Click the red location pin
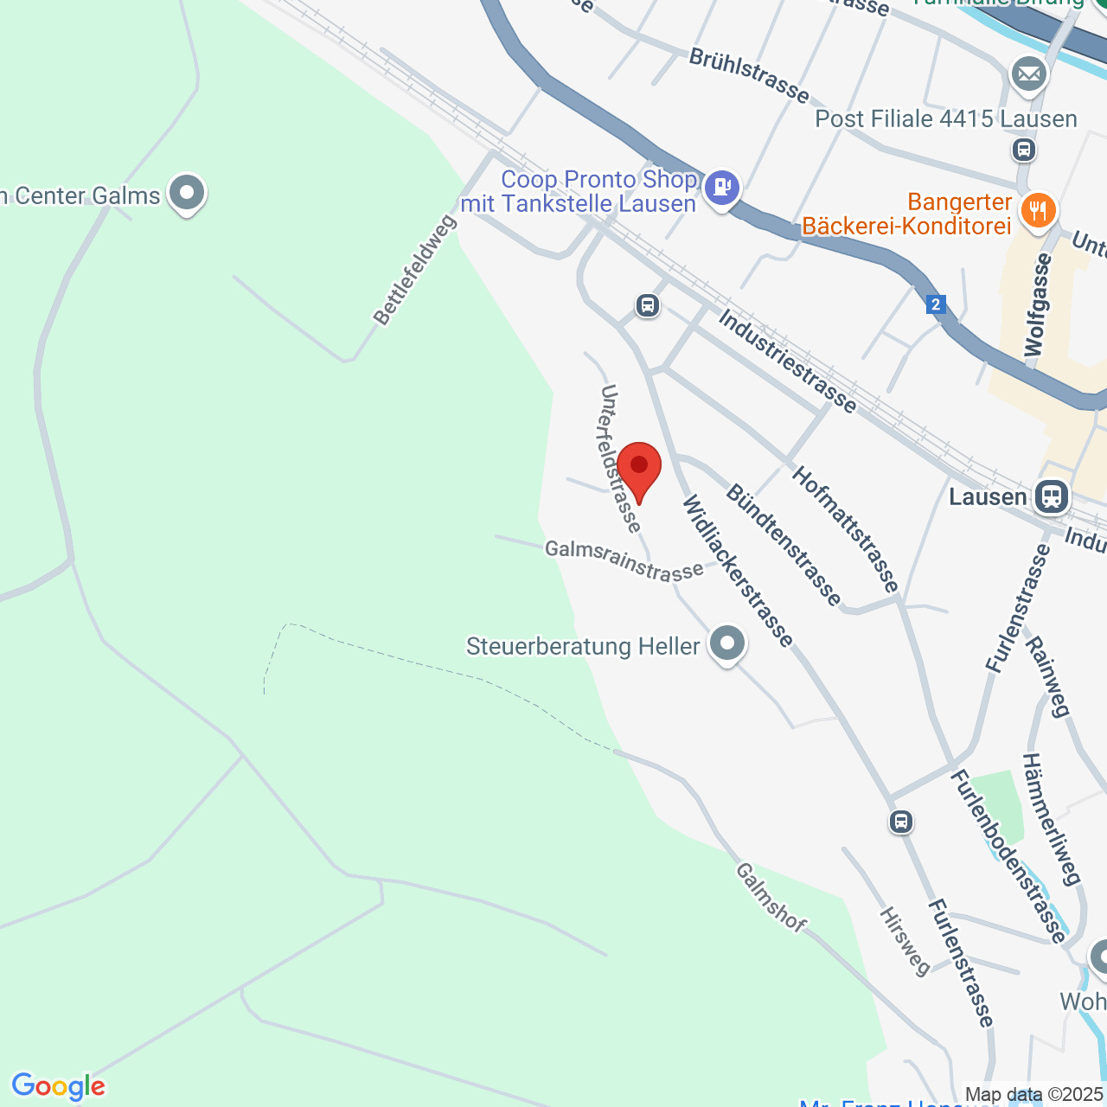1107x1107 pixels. (639, 468)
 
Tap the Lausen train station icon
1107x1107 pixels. (1052, 496)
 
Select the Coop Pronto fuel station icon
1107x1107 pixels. (721, 186)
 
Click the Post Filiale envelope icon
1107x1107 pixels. (1029, 74)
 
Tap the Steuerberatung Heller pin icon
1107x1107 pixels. (726, 643)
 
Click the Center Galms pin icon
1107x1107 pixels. (187, 193)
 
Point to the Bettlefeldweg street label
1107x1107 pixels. (415, 270)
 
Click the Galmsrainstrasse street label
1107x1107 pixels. (624, 560)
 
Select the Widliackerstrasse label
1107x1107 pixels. (738, 572)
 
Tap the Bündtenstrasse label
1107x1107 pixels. (784, 545)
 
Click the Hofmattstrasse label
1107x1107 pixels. (846, 529)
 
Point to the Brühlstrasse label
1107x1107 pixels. (749, 74)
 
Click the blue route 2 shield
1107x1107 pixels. (935, 304)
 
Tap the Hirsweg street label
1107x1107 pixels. (905, 941)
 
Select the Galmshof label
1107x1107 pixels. (771, 897)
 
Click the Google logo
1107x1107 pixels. (58, 1086)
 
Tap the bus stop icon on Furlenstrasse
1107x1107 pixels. (901, 822)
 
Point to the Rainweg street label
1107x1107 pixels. (1047, 677)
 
